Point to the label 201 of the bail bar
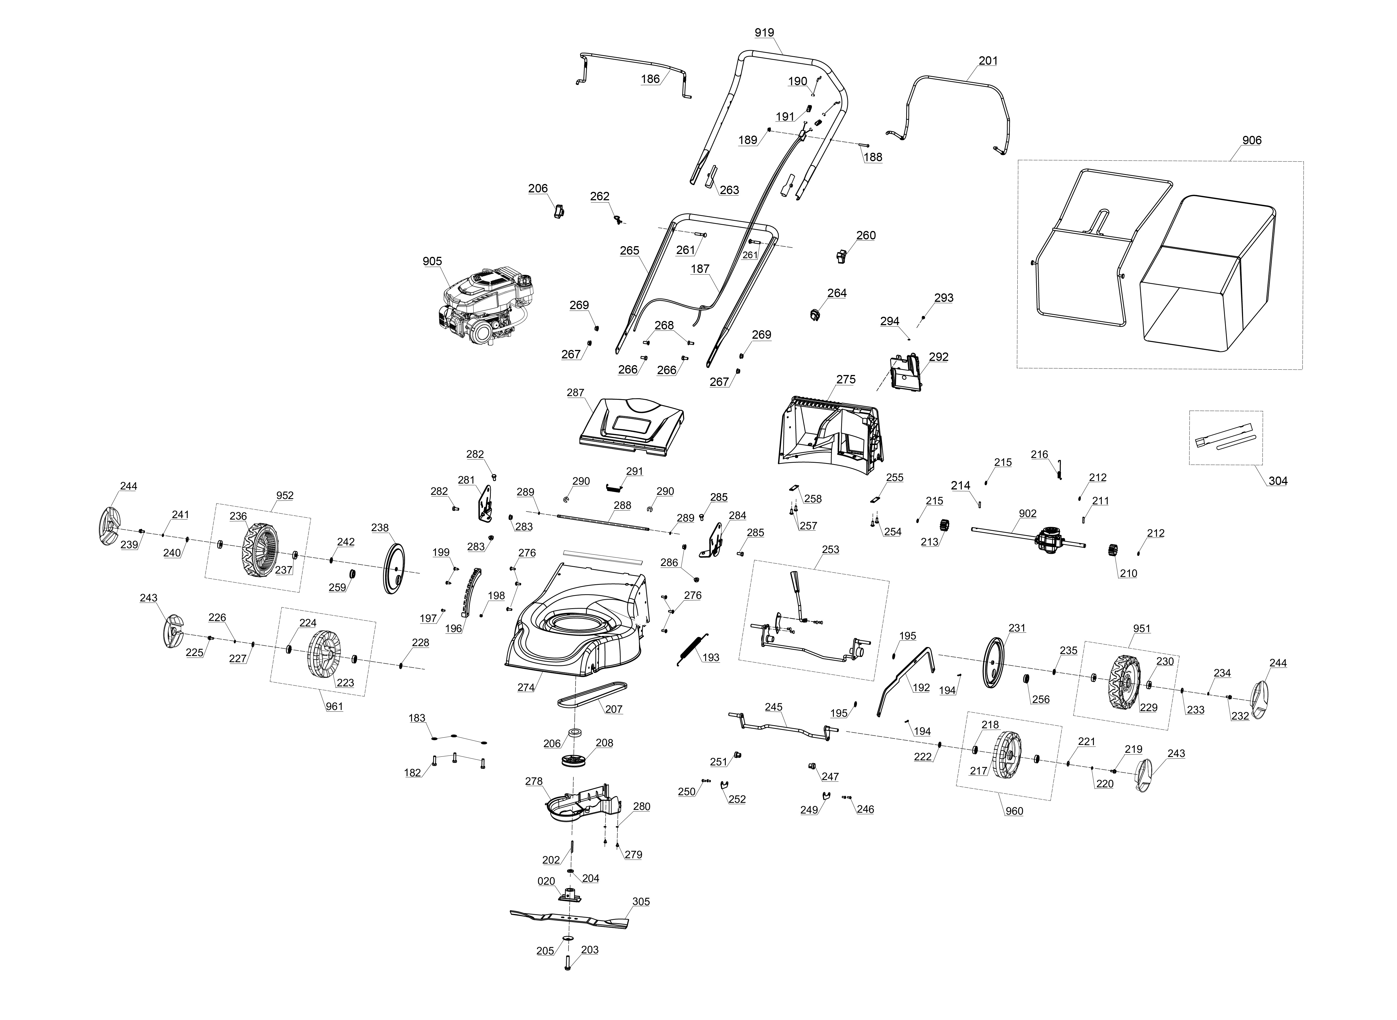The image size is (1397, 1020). pos(988,60)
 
